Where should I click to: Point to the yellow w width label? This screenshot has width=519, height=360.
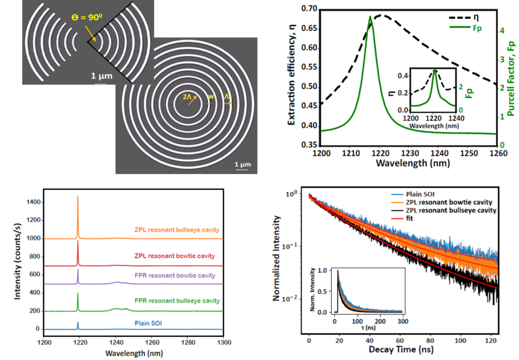pos(211,97)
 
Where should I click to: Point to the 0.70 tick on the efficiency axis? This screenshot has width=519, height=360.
pos(308,9)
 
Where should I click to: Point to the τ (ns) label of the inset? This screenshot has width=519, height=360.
pos(355,327)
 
